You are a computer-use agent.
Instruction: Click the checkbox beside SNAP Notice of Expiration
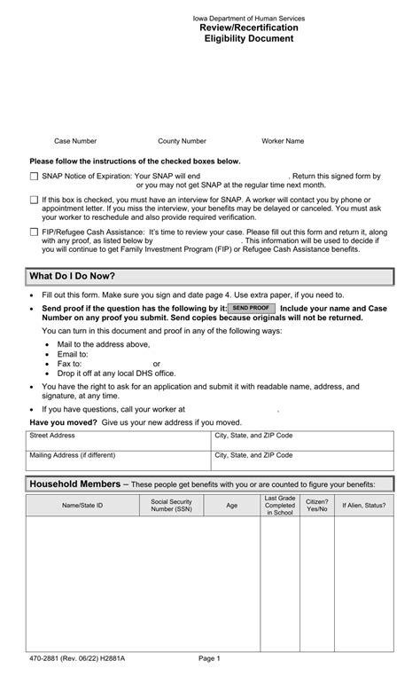pos(34,177)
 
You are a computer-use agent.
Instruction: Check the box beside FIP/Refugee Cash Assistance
pos(34,232)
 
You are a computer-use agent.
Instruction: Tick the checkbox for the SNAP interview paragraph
pos(34,201)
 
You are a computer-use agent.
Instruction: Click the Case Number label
pos(75,141)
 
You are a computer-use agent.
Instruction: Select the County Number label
pos(182,141)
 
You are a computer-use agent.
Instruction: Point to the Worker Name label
pos(283,141)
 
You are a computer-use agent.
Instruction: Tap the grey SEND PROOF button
pos(252,307)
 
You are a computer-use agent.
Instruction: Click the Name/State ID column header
pos(82,505)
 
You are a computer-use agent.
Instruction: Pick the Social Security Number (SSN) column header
pos(171,505)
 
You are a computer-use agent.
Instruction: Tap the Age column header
pos(231,505)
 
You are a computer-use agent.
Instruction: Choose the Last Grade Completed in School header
pos(279,505)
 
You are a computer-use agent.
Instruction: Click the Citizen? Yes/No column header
pos(316,505)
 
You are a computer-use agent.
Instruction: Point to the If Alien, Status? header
pos(363,505)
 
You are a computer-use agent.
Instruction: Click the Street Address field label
pos(52,436)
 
